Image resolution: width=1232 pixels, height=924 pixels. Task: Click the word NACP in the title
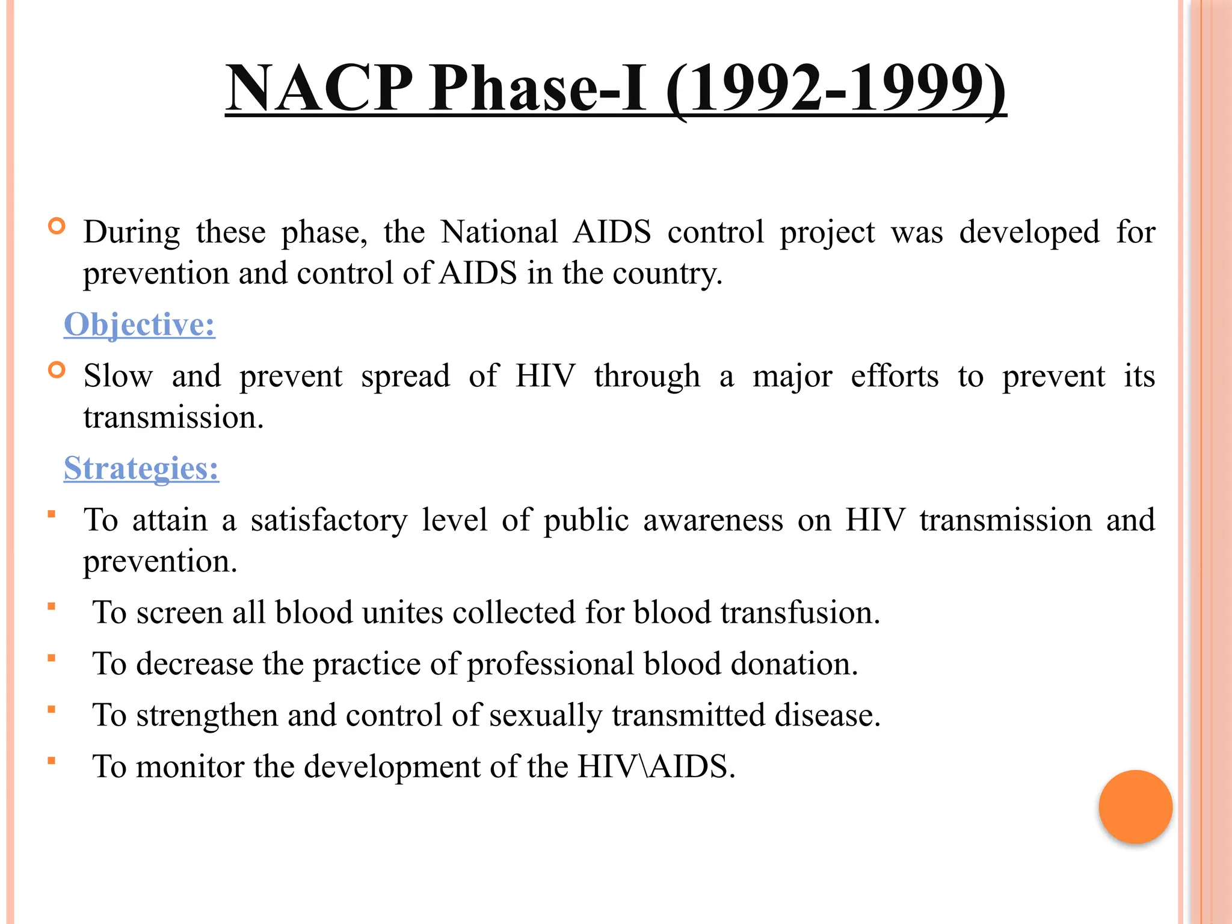pos(319,89)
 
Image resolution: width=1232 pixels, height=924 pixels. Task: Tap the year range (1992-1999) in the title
pos(836,89)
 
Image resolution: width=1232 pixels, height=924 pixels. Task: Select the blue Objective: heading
pos(140,325)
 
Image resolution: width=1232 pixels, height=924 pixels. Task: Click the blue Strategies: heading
pos(141,469)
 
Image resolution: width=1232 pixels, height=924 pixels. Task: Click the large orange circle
pos(1135,807)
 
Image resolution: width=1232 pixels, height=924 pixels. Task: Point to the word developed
pos(1029,232)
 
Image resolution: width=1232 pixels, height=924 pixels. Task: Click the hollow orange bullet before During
pos(57,227)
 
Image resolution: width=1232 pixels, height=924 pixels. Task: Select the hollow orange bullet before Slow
pos(57,371)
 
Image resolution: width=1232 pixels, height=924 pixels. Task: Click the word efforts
pos(895,377)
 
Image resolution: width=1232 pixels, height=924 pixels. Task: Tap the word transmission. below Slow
pos(173,418)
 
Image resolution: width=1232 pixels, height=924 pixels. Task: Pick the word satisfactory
pos(329,520)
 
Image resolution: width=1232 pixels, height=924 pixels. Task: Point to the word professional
pos(550,664)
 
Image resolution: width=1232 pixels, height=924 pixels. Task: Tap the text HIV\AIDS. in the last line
pos(656,767)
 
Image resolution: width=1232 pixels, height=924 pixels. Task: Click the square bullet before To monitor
pos(52,761)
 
